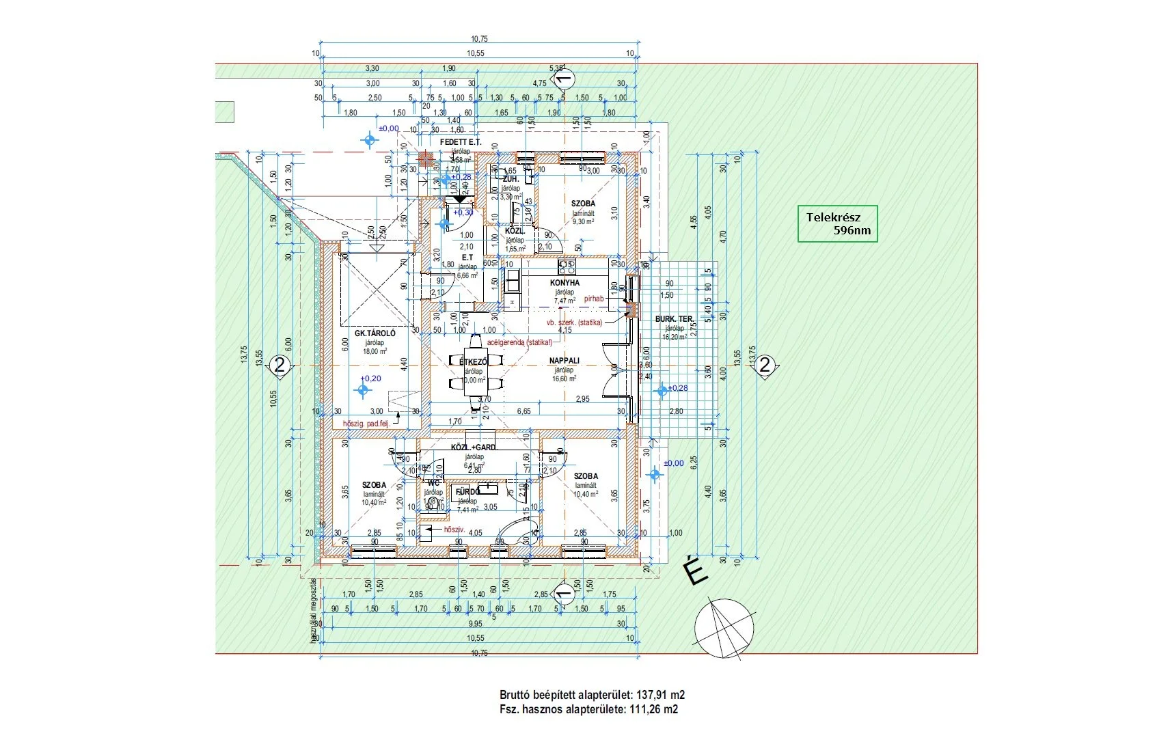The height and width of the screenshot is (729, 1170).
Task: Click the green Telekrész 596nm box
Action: point(838,223)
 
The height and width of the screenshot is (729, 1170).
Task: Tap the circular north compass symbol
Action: point(724,629)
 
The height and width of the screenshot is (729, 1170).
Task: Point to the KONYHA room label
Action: point(564,282)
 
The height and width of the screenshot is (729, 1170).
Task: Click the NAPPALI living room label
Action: point(564,360)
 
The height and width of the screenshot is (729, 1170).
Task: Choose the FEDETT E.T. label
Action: point(460,142)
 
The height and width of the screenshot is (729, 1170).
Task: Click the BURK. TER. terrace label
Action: point(674,319)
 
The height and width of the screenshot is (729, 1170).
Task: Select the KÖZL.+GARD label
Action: point(473,448)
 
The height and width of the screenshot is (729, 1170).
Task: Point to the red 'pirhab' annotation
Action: point(594,299)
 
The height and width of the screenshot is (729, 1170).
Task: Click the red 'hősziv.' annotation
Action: point(454,529)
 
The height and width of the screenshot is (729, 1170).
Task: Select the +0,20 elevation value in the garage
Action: point(371,379)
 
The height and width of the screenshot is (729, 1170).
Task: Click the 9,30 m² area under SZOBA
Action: point(583,221)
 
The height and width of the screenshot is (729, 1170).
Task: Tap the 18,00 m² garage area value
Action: point(374,351)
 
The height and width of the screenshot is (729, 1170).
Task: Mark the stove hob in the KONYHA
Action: point(567,266)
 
